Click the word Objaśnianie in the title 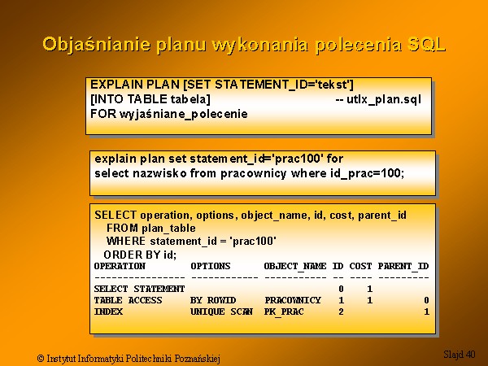97,45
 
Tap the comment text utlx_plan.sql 383,99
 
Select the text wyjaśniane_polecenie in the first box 184,114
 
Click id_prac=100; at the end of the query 368,173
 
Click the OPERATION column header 120,266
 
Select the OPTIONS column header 211,266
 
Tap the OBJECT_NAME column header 295,267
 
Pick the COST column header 360,266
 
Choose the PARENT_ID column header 403,267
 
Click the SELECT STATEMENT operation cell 139,289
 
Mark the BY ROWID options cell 213,300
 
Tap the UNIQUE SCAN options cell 221,312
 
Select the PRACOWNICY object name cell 293,300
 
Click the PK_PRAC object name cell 284,312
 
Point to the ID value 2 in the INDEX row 341,312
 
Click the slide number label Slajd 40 460,354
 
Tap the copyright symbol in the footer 41,359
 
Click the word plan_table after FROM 168,229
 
